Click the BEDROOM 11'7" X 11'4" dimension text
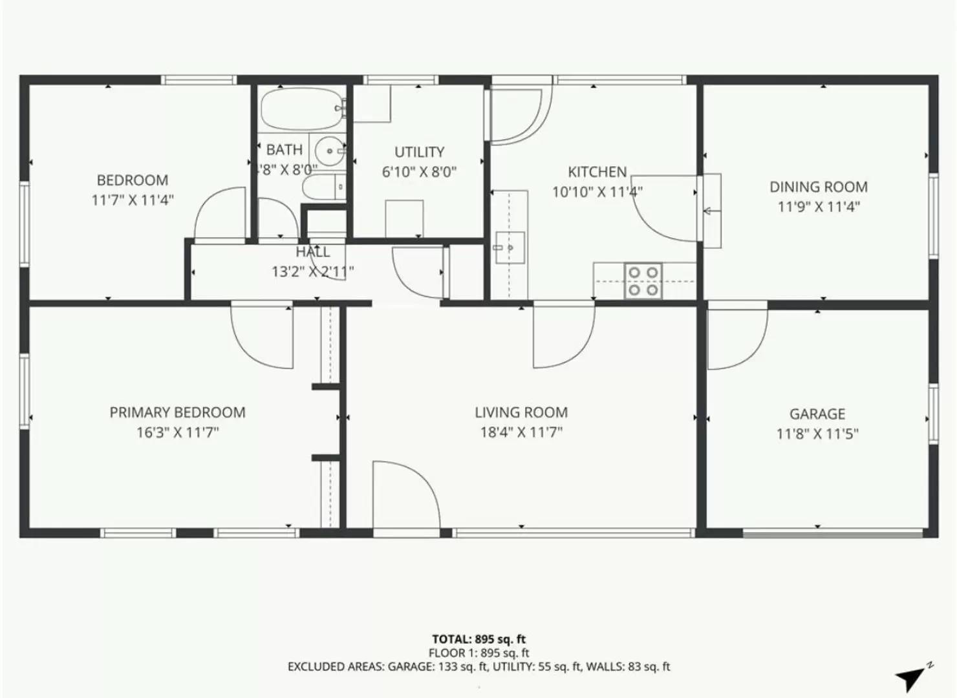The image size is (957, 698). (x=133, y=200)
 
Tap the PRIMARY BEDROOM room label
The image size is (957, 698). (x=177, y=412)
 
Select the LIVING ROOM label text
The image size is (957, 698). (x=521, y=412)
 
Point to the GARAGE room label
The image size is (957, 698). (x=817, y=414)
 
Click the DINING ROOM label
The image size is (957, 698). (x=819, y=187)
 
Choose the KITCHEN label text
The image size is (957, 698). (x=597, y=172)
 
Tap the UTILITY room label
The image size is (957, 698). (x=420, y=152)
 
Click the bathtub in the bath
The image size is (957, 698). (x=300, y=109)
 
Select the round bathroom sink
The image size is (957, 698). (x=330, y=151)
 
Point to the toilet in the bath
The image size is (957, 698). (x=323, y=187)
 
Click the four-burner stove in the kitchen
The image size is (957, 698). (x=643, y=281)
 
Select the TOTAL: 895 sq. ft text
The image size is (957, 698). (x=478, y=640)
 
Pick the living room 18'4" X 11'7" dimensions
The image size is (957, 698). (x=521, y=432)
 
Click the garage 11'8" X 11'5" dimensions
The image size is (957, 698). (x=817, y=434)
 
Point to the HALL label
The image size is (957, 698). (x=313, y=252)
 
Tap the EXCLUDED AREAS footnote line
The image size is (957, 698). (x=478, y=666)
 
